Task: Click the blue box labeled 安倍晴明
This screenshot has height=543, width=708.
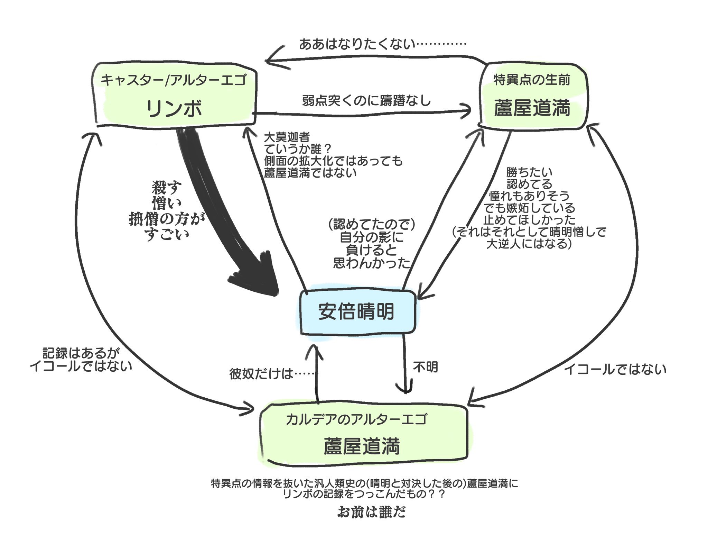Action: click(356, 311)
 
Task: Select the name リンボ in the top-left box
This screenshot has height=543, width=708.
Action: click(174, 108)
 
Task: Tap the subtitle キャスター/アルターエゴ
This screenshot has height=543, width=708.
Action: click(174, 80)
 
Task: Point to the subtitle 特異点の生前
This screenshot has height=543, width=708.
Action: click(532, 80)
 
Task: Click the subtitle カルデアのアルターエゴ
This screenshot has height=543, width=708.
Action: click(356, 419)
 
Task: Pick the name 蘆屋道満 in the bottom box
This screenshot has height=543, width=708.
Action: click(362, 446)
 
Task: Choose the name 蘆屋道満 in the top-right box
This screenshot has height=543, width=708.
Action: click(532, 108)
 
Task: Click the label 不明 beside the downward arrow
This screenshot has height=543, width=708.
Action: click(426, 367)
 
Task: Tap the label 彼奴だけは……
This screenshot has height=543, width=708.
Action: click(273, 374)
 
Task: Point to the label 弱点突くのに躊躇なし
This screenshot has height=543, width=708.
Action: click(366, 101)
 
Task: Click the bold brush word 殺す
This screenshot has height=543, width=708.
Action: click(167, 188)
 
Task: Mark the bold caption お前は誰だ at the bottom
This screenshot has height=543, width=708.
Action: click(371, 512)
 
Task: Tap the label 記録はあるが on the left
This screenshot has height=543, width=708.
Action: click(81, 353)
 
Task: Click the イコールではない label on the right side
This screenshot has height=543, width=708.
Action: click(615, 370)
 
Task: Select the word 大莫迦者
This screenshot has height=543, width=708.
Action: click(287, 137)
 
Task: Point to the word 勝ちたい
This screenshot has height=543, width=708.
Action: click(529, 172)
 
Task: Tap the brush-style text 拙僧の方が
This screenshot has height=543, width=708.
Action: click(167, 219)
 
